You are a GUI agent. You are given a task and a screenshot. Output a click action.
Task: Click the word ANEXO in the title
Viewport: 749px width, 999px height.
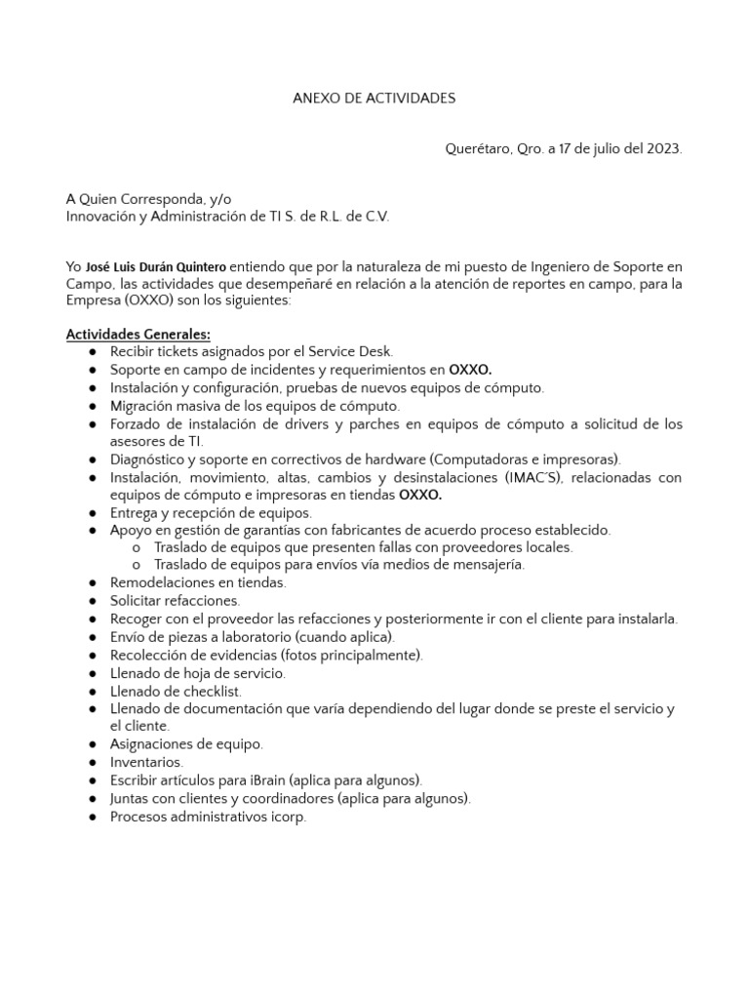point(315,99)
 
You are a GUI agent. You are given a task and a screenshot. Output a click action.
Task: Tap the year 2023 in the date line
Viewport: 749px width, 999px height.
point(661,149)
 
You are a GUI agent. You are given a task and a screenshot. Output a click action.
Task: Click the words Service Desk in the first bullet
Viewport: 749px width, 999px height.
point(355,352)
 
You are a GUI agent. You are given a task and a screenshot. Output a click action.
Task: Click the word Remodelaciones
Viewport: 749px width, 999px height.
point(158,582)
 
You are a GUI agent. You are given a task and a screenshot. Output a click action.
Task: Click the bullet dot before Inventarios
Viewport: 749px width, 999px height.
point(92,762)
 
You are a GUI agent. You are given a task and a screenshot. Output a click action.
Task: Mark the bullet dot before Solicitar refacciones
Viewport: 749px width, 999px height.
point(92,601)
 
